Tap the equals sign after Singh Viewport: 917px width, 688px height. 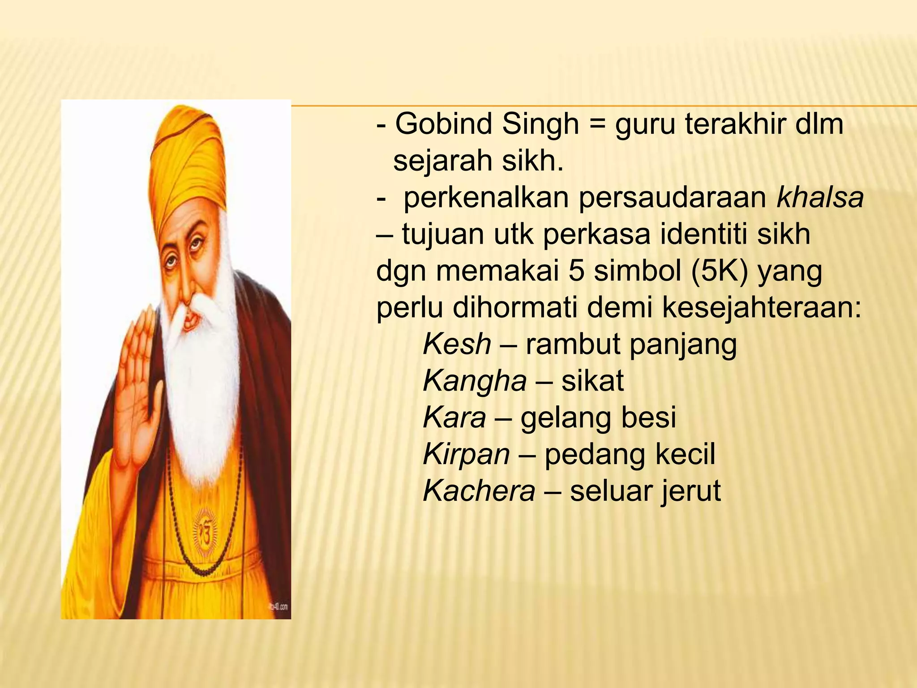click(x=597, y=125)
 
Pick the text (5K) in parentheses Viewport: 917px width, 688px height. click(x=720, y=271)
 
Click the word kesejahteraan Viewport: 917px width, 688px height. click(x=761, y=308)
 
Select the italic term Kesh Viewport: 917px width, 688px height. click(x=457, y=344)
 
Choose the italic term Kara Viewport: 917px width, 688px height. click(x=454, y=418)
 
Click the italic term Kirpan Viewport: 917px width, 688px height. click(x=466, y=455)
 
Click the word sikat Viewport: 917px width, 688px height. click(x=592, y=381)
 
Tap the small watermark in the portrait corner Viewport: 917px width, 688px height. click(x=278, y=607)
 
